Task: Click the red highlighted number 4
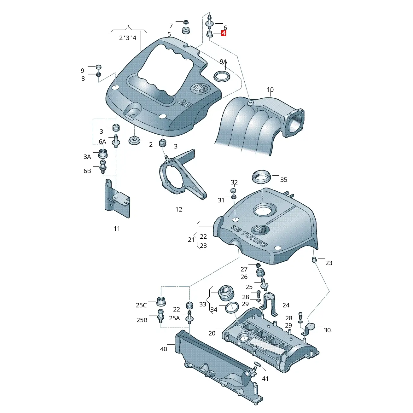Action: [x=224, y=33]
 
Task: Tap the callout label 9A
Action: [x=223, y=61]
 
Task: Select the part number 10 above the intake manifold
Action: [x=270, y=90]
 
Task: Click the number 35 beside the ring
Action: [x=284, y=180]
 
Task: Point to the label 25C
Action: [x=141, y=305]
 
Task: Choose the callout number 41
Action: [x=265, y=378]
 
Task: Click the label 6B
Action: [x=87, y=171]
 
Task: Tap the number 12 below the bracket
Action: [x=179, y=209]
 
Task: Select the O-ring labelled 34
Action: [x=232, y=307]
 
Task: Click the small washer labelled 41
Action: [x=257, y=365]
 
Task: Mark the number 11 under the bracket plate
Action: [x=117, y=229]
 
